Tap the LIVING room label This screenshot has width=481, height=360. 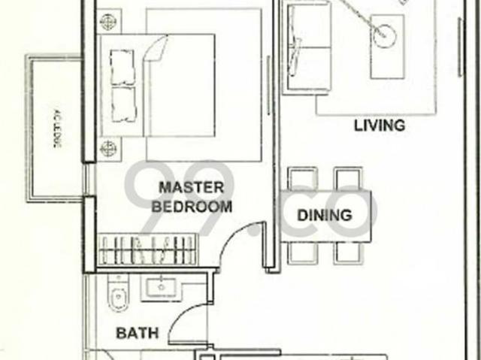pyautogui.click(x=380, y=126)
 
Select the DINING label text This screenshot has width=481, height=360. pyautogui.click(x=325, y=215)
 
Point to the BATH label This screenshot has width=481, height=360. pyautogui.click(x=137, y=333)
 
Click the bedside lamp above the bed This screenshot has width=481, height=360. pyautogui.click(x=109, y=22)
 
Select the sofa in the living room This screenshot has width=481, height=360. pyautogui.click(x=307, y=47)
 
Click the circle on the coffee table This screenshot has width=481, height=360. pyautogui.click(x=388, y=33)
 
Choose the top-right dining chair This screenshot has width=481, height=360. pyautogui.click(x=346, y=177)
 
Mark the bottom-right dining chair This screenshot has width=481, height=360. pyautogui.click(x=346, y=253)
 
